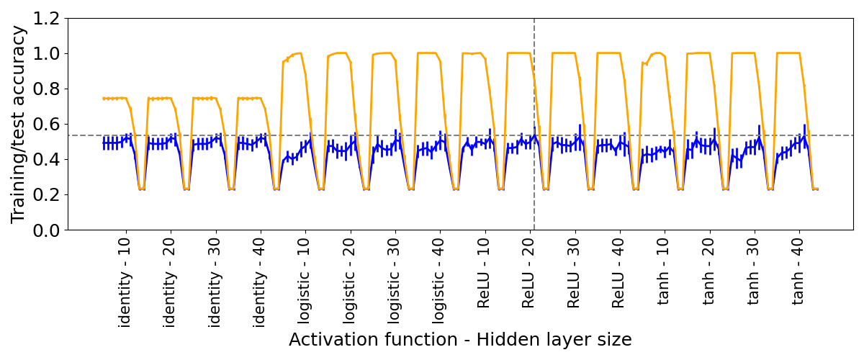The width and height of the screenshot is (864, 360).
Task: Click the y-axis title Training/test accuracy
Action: coord(19,124)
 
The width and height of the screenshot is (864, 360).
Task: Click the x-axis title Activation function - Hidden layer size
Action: coord(460,340)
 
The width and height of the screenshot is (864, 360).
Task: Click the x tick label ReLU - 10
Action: coord(485,276)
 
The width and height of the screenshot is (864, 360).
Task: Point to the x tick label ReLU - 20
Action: coord(529,276)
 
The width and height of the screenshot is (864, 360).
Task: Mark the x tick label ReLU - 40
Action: coord(619,276)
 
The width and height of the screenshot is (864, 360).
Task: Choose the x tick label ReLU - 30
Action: coord(574,276)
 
